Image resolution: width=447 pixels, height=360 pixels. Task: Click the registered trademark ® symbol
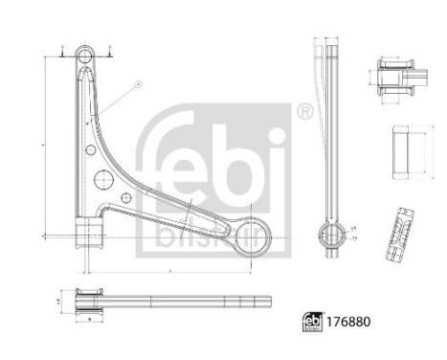point(304,114)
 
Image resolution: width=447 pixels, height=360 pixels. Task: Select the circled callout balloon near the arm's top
point(137,84)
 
